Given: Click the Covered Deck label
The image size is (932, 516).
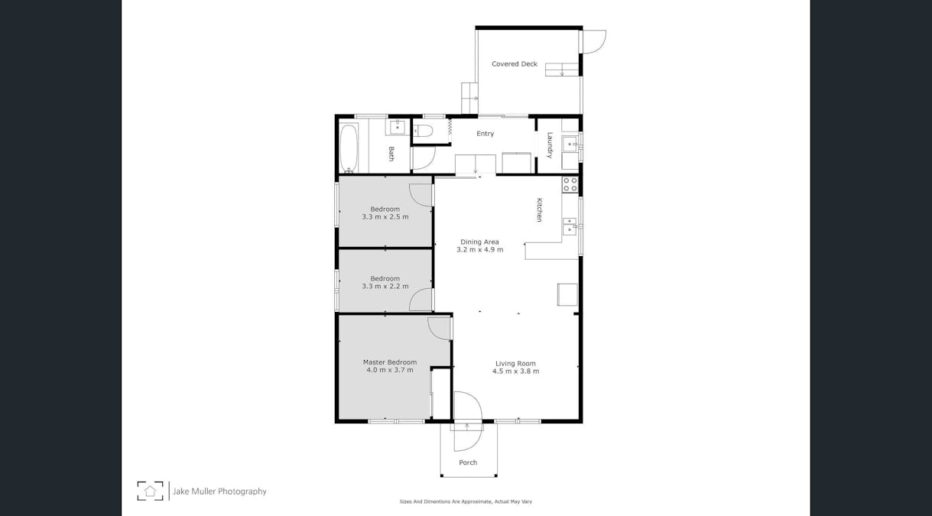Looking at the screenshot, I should pyautogui.click(x=514, y=64).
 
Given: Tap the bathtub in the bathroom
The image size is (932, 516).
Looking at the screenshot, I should pyautogui.click(x=349, y=148).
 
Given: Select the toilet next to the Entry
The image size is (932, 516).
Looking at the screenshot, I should pyautogui.click(x=423, y=131).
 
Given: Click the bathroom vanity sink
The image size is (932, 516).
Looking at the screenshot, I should pyautogui.click(x=398, y=127).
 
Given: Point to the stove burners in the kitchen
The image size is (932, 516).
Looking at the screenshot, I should pyautogui.click(x=570, y=184).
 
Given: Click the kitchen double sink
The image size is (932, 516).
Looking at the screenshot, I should pyautogui.click(x=570, y=226).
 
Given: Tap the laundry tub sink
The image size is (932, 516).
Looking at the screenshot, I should pyautogui.click(x=570, y=143).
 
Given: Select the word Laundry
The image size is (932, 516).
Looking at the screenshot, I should pyautogui.click(x=550, y=144).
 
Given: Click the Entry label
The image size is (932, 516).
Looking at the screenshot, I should pyautogui.click(x=485, y=134).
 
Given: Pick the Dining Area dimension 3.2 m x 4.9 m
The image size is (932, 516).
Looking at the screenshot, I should pyautogui.click(x=480, y=250).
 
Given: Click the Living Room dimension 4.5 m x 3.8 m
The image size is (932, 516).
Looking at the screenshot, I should pyautogui.click(x=515, y=372).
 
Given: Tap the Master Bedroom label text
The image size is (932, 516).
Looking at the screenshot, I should pyautogui.click(x=389, y=362).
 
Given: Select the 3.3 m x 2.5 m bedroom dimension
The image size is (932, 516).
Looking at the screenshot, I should pyautogui.click(x=385, y=217).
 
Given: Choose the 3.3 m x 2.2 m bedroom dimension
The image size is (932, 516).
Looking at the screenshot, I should pyautogui.click(x=385, y=287).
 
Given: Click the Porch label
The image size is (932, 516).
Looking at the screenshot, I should pyautogui.click(x=468, y=462).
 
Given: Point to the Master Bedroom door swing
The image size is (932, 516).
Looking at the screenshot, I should pyautogui.click(x=439, y=327).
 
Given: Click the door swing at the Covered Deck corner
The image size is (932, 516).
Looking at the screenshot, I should pyautogui.click(x=594, y=41).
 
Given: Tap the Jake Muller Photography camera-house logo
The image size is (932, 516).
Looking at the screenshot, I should pyautogui.click(x=150, y=491).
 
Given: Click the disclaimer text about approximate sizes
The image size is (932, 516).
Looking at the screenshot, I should pyautogui.click(x=466, y=501).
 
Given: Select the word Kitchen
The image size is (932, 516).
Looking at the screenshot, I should pyautogui.click(x=539, y=209).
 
